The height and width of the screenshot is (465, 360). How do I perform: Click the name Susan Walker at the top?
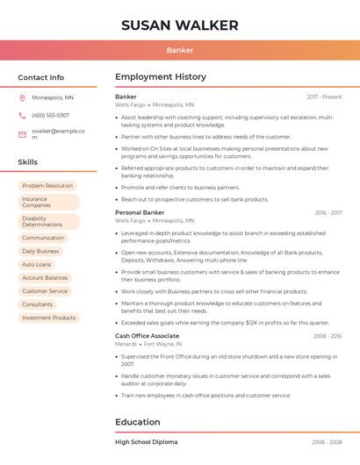[180, 25]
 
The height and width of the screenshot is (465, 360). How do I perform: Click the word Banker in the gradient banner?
[180, 50]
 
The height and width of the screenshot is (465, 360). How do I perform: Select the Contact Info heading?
[40, 77]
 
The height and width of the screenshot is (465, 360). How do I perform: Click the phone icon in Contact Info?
[22, 115]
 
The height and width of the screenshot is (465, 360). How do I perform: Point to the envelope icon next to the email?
[22, 133]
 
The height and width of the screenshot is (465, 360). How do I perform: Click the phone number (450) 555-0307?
[50, 115]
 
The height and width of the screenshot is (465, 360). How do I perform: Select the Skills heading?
[27, 162]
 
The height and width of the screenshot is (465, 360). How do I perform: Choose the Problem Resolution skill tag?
[47, 186]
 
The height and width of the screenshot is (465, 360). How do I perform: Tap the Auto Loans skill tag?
[37, 264]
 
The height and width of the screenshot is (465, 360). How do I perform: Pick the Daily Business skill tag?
[40, 251]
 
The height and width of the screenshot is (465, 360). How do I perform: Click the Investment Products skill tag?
[49, 318]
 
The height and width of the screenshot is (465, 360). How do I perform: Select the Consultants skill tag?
[38, 304]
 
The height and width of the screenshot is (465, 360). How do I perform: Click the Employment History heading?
[161, 77]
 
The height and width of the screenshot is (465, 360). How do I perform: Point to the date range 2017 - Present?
[324, 97]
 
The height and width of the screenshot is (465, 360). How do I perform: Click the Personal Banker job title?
[140, 212]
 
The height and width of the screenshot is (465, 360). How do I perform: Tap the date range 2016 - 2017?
[328, 212]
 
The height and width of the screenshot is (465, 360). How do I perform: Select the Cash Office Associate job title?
[147, 336]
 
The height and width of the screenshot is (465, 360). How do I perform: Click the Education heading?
[137, 422]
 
